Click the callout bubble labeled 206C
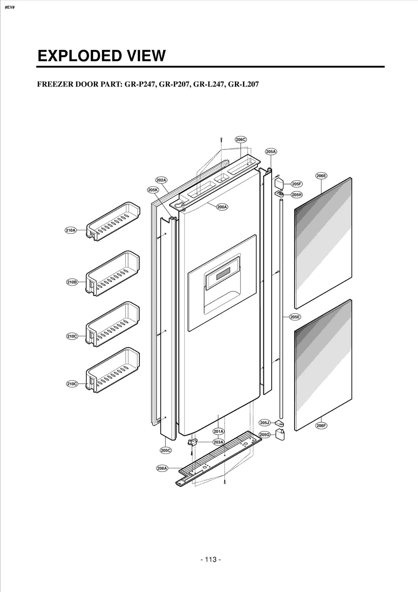tap(241, 140)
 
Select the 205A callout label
tap(271, 152)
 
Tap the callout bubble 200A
tap(222, 207)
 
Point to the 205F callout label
tap(297, 184)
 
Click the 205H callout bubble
tap(297, 195)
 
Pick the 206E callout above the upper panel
tap(321, 176)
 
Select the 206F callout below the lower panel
tap(321, 426)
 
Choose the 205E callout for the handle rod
tap(295, 317)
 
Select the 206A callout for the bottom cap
tap(162, 468)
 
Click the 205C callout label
tap(166, 450)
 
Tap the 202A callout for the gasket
tap(161, 180)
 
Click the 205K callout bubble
tap(153, 190)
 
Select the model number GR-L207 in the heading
tap(243, 84)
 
